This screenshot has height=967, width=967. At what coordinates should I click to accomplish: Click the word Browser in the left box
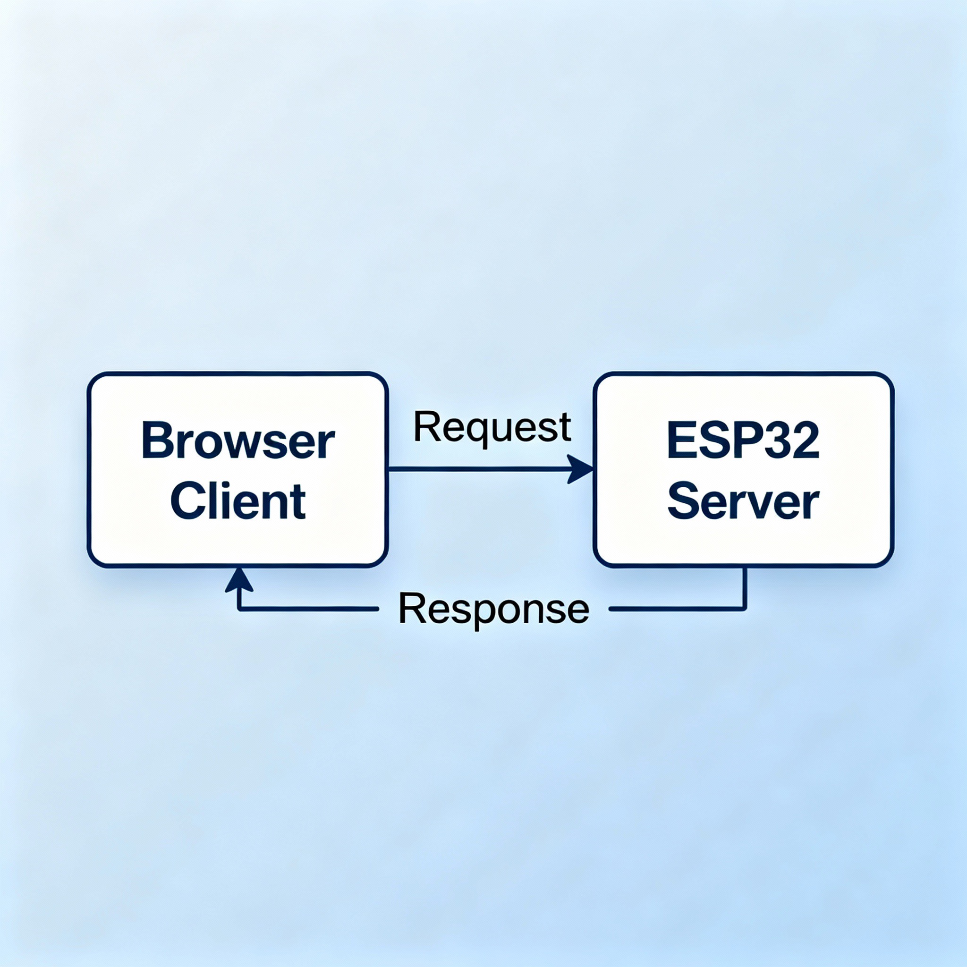(238, 441)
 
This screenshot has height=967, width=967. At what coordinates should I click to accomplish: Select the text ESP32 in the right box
(743, 441)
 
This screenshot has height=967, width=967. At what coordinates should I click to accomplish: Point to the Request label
(492, 427)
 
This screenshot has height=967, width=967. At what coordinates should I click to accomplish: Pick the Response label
(493, 609)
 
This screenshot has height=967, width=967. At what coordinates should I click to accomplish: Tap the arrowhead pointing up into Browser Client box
(239, 581)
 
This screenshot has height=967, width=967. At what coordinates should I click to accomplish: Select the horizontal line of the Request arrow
(475, 469)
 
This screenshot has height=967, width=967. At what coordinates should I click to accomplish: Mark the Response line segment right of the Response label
(676, 609)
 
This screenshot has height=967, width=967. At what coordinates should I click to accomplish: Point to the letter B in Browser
(156, 441)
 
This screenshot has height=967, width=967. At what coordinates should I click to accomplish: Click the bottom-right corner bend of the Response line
(745, 609)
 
